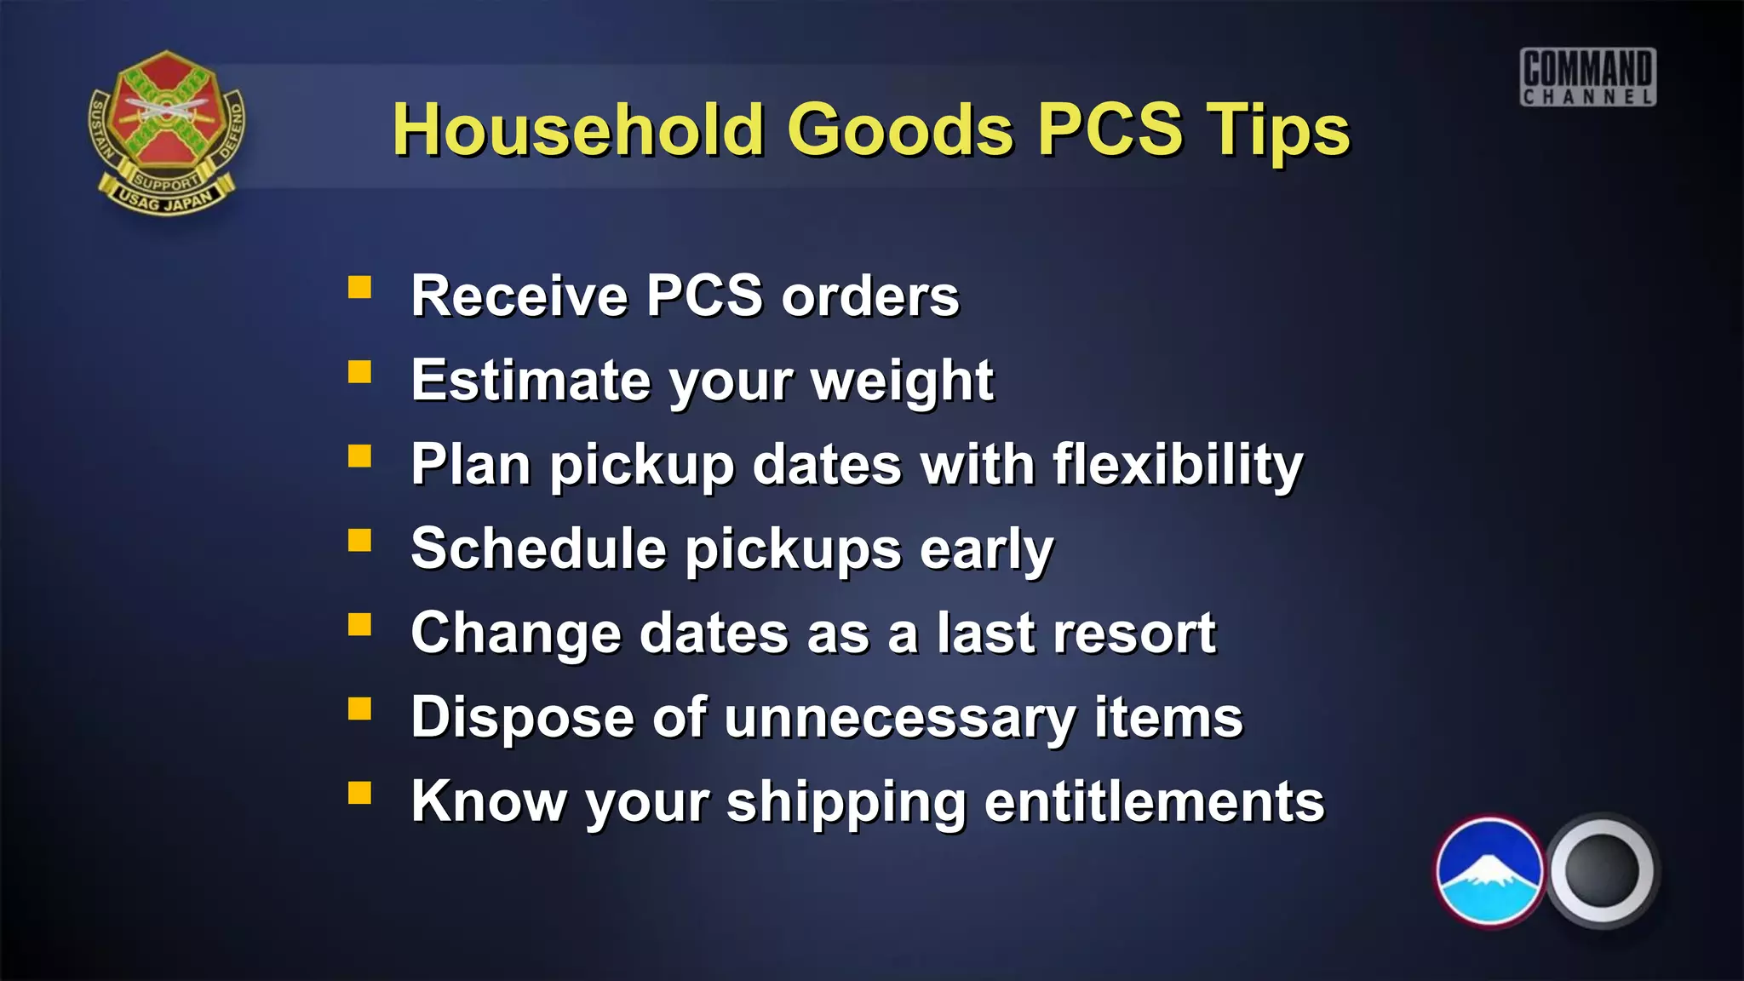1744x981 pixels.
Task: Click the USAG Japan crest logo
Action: [x=167, y=132]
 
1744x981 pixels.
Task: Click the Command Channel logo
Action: [x=1588, y=77]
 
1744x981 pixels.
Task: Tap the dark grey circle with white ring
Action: [x=1601, y=870]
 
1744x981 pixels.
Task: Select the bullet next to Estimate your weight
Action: [x=359, y=371]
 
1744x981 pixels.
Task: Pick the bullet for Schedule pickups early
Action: [x=359, y=540]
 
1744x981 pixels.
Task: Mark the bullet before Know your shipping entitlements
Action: [x=359, y=793]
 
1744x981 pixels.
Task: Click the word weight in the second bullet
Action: [x=902, y=381]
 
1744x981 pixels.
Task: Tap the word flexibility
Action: [x=1178, y=465]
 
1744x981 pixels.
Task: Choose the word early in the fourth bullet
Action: [x=987, y=549]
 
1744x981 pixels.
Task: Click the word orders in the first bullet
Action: [x=870, y=296]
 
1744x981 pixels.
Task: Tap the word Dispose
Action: [x=523, y=718]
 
